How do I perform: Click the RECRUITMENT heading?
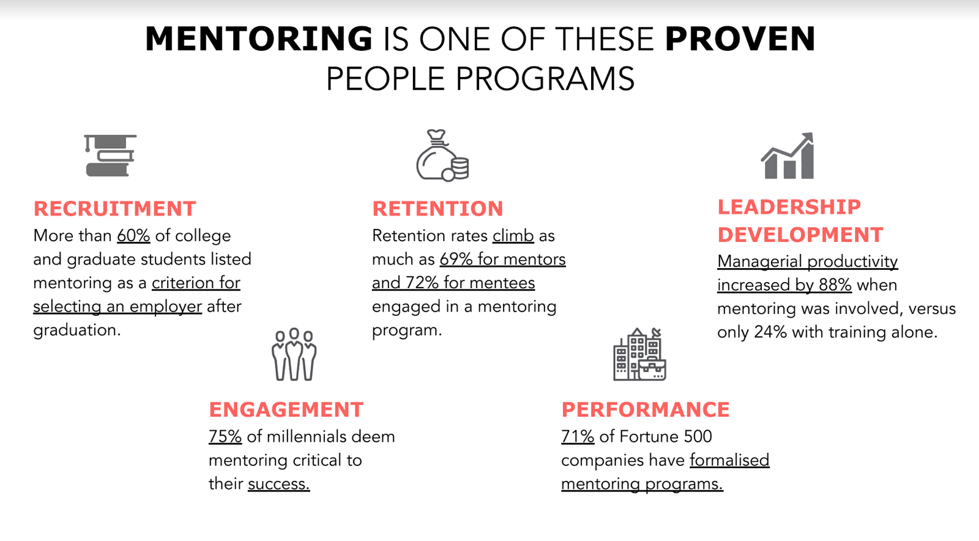115,209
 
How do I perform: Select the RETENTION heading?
438,209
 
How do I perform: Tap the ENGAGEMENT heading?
286,409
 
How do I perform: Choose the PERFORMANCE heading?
646,409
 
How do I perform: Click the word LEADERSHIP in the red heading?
789,207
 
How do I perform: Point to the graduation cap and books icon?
110,155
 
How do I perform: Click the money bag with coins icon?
443,155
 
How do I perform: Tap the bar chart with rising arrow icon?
787,155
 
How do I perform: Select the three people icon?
294,354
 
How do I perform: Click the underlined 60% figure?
134,236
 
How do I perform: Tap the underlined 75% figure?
225,436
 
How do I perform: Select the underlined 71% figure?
578,436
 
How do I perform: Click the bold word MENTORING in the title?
259,39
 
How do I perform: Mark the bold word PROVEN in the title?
740,39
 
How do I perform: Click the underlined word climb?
513,236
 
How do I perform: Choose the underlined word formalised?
729,460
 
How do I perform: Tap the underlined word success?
279,484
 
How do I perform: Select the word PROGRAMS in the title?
545,79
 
